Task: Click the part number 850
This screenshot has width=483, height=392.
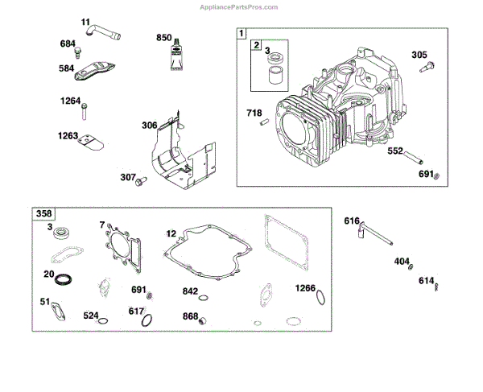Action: (x=164, y=37)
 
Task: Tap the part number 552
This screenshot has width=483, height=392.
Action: (x=395, y=151)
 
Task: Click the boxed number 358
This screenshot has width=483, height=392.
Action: (x=43, y=215)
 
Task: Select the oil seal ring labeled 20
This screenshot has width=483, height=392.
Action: (x=63, y=279)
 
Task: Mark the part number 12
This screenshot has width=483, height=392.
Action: (x=171, y=233)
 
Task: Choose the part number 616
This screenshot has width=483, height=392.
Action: (x=352, y=220)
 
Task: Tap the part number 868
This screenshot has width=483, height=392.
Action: (x=190, y=316)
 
